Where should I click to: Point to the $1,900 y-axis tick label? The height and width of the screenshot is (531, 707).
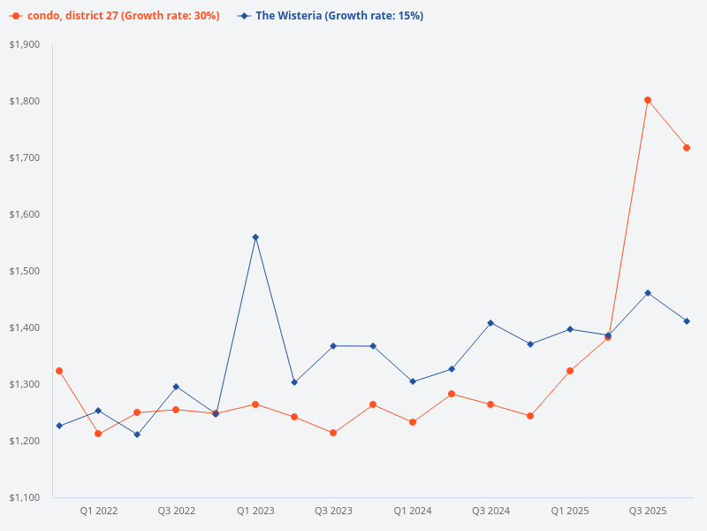(x=24, y=44)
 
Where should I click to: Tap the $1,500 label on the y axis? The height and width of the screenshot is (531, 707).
(x=24, y=271)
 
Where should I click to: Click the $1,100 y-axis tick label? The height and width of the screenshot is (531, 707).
(x=24, y=497)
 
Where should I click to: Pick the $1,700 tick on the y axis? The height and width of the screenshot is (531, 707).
(x=24, y=158)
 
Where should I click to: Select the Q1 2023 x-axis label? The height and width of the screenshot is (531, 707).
(x=255, y=511)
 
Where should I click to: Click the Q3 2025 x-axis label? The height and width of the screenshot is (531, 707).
(x=648, y=511)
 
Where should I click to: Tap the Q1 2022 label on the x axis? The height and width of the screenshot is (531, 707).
(x=98, y=511)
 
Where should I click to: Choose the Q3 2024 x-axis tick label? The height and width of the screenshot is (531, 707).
(x=490, y=511)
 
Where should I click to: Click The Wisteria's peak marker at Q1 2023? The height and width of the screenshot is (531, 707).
(x=255, y=237)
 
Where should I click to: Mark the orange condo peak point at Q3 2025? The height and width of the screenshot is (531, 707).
(x=648, y=100)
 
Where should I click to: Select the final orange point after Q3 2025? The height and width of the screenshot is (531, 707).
(x=687, y=148)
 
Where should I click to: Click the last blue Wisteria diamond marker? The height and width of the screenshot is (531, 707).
(x=687, y=321)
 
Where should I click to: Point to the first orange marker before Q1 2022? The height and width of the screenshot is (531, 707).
(x=59, y=371)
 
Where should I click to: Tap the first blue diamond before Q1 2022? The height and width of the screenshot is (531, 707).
(x=59, y=426)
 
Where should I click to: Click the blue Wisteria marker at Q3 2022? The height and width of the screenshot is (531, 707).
(x=176, y=387)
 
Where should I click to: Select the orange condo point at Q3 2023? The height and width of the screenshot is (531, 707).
(x=333, y=433)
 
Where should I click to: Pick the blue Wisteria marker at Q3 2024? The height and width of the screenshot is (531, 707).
(x=490, y=323)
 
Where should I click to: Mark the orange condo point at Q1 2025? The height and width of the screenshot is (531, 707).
(x=570, y=371)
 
